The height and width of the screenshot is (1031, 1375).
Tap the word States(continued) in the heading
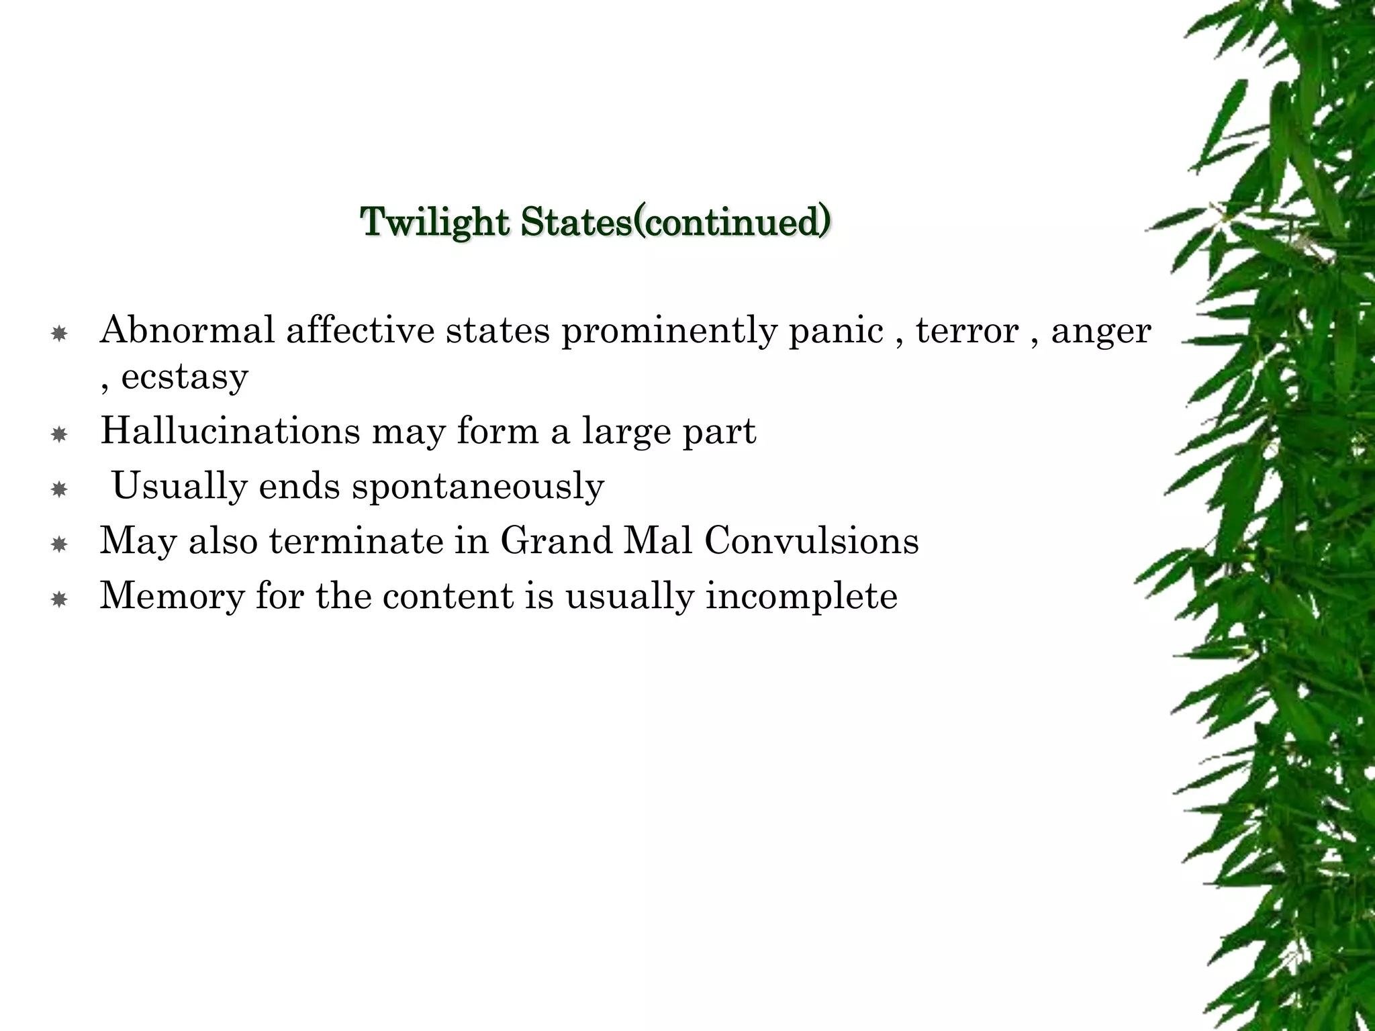675,222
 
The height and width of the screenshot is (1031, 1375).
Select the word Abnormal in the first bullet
187,330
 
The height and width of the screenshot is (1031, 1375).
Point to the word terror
967,330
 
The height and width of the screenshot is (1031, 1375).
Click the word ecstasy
185,377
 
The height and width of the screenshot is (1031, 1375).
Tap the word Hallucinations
230,430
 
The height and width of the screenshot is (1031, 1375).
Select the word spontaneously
478,487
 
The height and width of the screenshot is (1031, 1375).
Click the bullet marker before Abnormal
59,334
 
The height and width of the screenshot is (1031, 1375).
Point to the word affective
360,330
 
